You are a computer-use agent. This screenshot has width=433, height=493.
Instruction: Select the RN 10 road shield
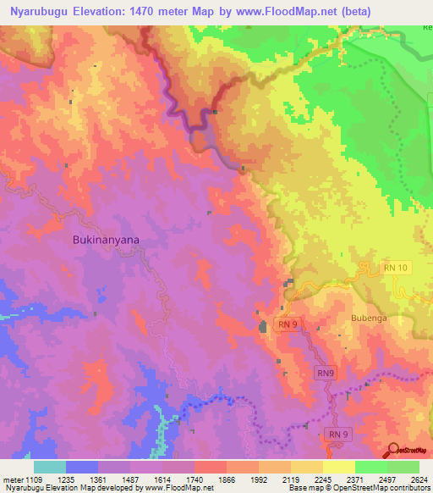coord(395,268)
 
